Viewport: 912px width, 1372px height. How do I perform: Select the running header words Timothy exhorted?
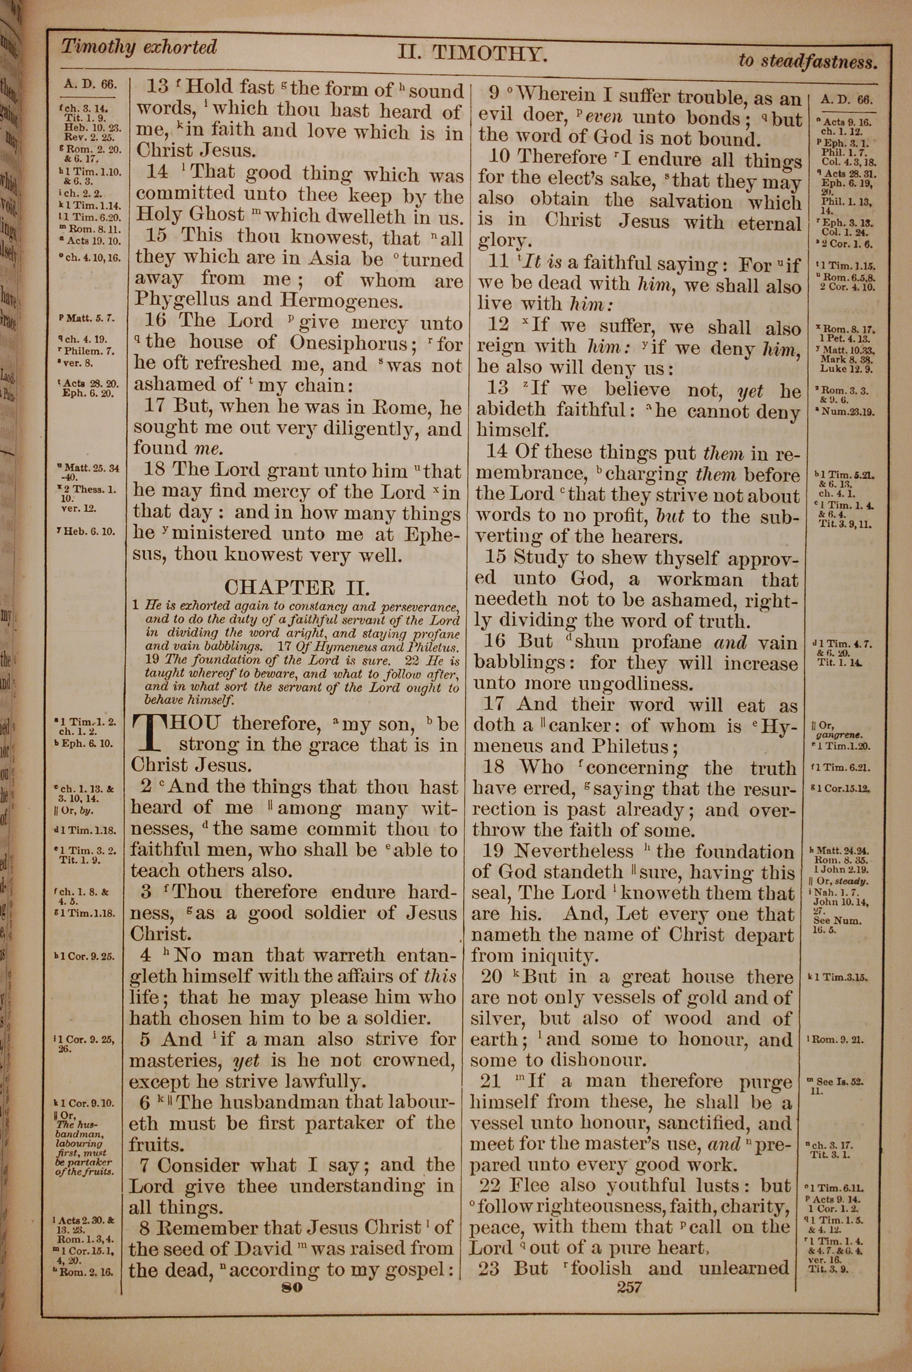139,47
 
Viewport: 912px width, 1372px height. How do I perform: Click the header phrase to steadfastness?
807,61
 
